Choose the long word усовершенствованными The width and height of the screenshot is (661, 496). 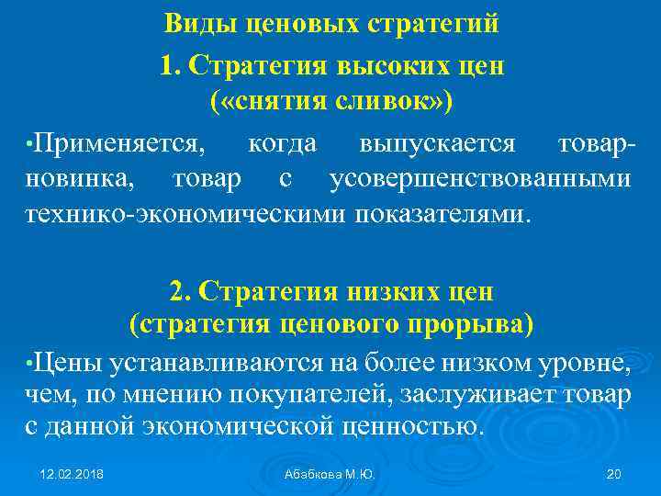click(480, 179)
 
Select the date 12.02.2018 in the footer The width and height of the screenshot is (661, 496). click(72, 474)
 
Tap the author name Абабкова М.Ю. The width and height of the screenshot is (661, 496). click(330, 474)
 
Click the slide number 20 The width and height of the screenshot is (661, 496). click(614, 474)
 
